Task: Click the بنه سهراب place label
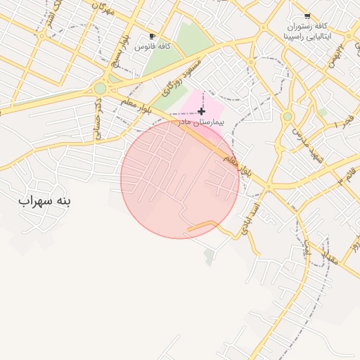pos(45,201)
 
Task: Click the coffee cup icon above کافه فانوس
pos(152,37)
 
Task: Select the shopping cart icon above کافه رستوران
pos(307,15)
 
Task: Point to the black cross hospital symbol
pos(202,111)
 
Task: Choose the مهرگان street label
pos(103,8)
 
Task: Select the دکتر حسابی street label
pos(98,115)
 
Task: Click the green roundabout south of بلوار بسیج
pos(101,89)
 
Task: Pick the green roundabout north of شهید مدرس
pos(287,116)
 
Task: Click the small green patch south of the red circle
pos(209,257)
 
